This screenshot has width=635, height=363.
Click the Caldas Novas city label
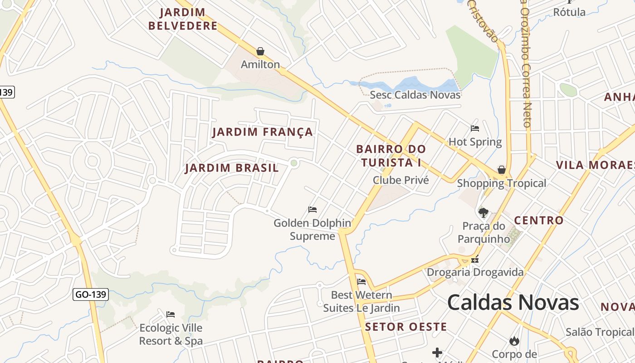click(513, 302)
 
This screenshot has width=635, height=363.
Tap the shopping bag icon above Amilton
click(260, 51)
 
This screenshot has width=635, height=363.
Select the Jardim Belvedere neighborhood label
click(183, 19)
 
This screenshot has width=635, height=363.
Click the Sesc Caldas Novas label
click(415, 95)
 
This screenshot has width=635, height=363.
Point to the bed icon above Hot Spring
click(475, 128)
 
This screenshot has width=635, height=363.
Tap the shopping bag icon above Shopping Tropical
click(501, 170)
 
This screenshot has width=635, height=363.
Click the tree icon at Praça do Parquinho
click(484, 212)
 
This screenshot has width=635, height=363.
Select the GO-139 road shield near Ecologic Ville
click(91, 294)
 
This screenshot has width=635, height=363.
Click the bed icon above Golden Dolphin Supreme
click(313, 210)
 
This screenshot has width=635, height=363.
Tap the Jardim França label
click(263, 132)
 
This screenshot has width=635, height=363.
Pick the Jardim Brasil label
click(232, 168)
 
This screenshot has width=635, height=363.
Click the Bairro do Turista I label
click(391, 156)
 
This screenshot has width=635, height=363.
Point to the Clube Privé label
click(401, 180)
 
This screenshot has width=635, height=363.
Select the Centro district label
click(538, 221)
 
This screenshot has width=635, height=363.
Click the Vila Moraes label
click(595, 165)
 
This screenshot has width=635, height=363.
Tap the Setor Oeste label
click(406, 327)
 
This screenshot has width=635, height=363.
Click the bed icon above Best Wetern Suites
click(361, 282)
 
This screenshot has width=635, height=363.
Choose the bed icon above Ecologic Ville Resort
click(171, 314)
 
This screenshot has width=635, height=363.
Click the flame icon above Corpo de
click(514, 340)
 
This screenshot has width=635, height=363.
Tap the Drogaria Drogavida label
click(475, 272)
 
